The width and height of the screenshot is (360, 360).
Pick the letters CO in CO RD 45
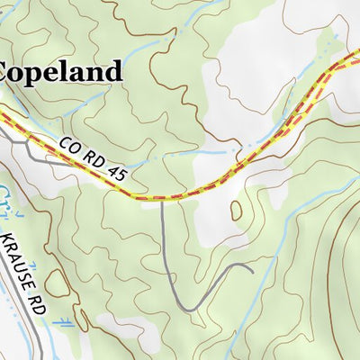point(70,145)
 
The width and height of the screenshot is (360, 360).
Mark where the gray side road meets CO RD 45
point(161,199)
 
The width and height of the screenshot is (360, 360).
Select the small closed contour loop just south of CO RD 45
point(237,210)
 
